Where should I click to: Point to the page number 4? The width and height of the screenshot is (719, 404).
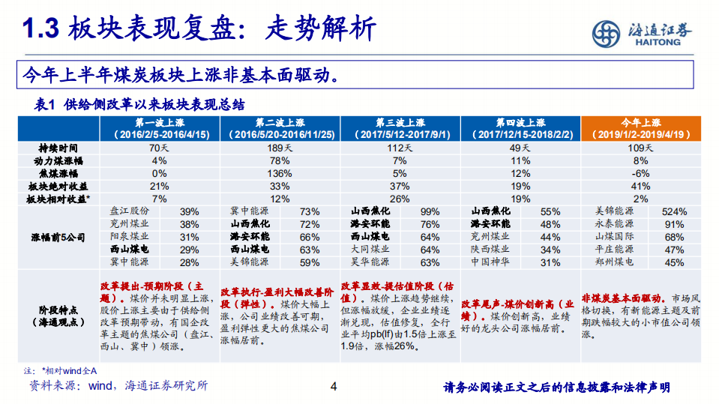(x=334, y=388)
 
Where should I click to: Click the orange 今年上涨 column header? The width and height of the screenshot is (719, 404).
(x=641, y=127)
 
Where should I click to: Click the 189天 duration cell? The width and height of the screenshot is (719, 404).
(x=280, y=148)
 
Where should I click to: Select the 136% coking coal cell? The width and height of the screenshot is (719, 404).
(x=280, y=173)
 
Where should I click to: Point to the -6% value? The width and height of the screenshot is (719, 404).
(x=640, y=173)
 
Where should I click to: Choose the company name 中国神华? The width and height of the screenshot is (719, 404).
(x=490, y=262)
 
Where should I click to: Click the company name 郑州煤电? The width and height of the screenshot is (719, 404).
(x=614, y=262)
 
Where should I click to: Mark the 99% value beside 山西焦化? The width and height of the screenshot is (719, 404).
(x=430, y=211)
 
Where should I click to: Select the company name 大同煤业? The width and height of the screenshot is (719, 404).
(x=370, y=250)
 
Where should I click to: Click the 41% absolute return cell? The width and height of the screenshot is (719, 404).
(x=640, y=186)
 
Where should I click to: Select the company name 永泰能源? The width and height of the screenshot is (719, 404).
(x=614, y=224)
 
